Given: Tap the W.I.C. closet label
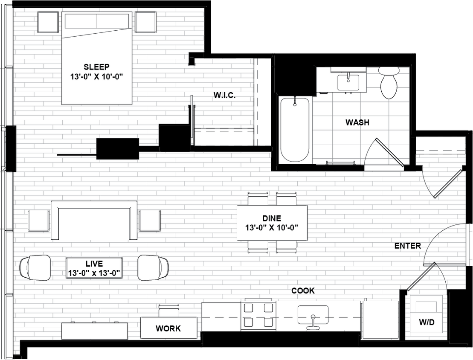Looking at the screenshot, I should (224, 96).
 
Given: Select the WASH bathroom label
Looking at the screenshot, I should (357, 122).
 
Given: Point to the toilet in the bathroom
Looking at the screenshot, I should (389, 83).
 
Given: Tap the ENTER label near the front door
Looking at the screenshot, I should (407, 246).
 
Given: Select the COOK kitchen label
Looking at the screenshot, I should (303, 290).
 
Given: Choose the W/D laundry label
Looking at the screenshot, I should (426, 322).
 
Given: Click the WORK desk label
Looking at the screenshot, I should (168, 328).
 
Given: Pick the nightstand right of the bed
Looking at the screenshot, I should (146, 22).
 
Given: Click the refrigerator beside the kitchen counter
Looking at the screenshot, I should (380, 320).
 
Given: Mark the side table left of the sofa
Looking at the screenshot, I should (39, 220).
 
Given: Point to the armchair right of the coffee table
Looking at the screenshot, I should (153, 267).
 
